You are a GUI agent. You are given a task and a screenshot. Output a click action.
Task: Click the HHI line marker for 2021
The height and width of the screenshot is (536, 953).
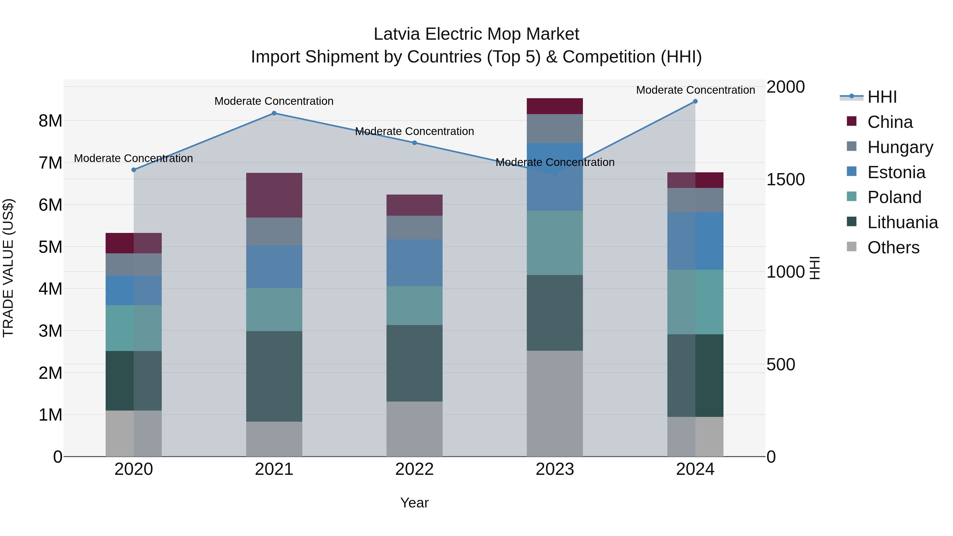pyautogui.click(x=274, y=113)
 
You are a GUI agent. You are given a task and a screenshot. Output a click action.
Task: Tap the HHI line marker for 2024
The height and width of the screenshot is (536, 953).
pyautogui.click(x=695, y=101)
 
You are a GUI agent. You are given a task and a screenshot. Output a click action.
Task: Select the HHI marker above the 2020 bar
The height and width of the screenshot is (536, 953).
pyautogui.click(x=134, y=170)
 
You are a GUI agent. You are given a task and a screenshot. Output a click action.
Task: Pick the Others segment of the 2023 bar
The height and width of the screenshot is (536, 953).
pyautogui.click(x=555, y=403)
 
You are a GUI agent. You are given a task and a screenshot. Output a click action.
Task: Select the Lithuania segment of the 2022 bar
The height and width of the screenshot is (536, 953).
pyautogui.click(x=414, y=363)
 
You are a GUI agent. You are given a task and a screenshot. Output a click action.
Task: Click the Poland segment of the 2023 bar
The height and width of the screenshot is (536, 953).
pyautogui.click(x=555, y=243)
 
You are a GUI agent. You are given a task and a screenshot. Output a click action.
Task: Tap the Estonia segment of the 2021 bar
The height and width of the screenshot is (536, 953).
pyautogui.click(x=274, y=267)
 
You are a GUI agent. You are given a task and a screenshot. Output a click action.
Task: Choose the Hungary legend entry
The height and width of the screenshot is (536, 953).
pyautogui.click(x=900, y=147)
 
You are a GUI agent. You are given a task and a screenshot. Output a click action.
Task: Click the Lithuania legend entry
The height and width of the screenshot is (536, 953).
pyautogui.click(x=902, y=222)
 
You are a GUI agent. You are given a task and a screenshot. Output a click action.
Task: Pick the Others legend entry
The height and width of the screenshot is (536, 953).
pyautogui.click(x=893, y=247)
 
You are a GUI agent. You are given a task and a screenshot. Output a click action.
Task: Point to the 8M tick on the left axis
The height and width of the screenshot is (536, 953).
pyautogui.click(x=50, y=121)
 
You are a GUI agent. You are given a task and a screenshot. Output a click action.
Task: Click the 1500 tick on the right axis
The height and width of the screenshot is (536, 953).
pyautogui.click(x=785, y=179)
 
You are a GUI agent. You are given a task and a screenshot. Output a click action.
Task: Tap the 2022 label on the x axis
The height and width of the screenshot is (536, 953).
pyautogui.click(x=414, y=469)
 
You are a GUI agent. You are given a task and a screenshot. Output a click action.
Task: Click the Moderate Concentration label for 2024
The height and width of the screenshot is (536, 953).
pyautogui.click(x=695, y=90)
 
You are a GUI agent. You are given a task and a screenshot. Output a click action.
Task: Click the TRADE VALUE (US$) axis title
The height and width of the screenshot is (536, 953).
pyautogui.click(x=8, y=268)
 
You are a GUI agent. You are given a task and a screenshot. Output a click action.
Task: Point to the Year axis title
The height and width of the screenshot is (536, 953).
pyautogui.click(x=414, y=503)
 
